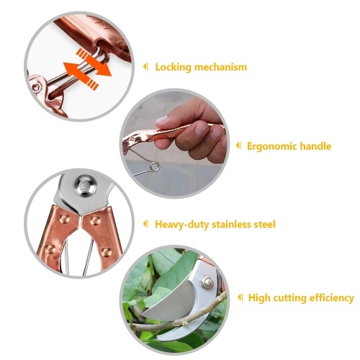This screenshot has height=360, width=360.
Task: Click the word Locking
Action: click(174, 67)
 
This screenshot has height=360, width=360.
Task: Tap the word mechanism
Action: click(220, 67)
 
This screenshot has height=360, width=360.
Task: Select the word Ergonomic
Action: click(271, 146)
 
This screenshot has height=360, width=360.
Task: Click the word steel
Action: click(265, 225)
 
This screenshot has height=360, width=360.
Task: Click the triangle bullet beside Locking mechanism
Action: click(145, 66)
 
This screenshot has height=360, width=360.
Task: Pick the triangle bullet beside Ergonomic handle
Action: click(238, 145)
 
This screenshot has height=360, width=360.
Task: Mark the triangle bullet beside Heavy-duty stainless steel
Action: click(145, 224)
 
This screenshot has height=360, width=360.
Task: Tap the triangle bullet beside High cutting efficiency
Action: click(240, 297)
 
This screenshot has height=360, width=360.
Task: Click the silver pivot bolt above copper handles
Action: click(86, 185)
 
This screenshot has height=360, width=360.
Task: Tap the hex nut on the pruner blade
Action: click(207, 282)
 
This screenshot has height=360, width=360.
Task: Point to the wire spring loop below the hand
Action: click(154, 166)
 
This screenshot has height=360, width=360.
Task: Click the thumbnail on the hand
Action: click(162, 120)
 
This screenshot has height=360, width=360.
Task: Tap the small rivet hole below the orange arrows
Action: click(36, 87)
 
